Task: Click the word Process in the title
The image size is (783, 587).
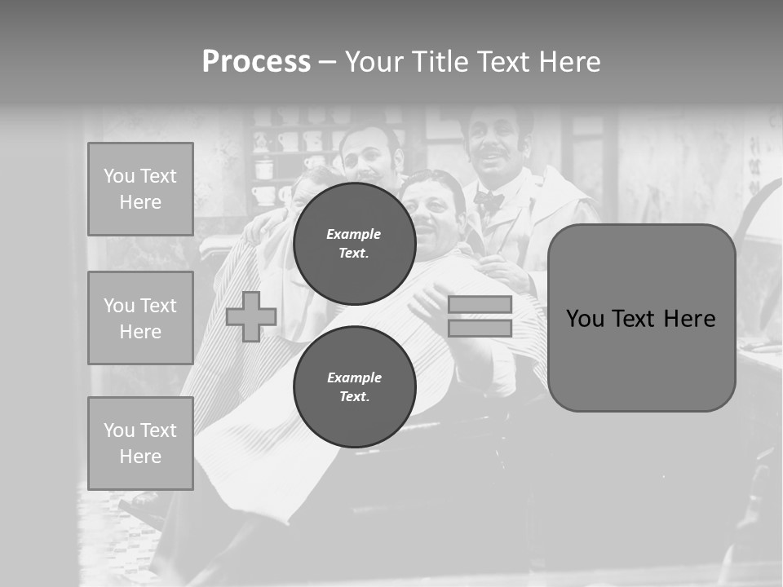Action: [256, 62]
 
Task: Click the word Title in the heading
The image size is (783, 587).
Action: [439, 62]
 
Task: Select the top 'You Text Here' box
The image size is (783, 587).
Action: [140, 189]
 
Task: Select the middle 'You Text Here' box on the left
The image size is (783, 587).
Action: [140, 318]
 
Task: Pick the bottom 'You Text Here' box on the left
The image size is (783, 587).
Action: [140, 443]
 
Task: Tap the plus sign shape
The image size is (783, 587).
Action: [251, 316]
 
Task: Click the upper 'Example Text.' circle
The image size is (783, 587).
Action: [354, 244]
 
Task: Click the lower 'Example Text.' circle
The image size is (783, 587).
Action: [354, 387]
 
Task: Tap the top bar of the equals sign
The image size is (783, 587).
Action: [480, 304]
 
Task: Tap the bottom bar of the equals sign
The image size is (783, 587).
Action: [480, 328]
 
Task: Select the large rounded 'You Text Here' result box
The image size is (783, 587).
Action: [641, 318]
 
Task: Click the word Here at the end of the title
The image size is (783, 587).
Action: [568, 62]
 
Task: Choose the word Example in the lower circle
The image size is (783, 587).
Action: [354, 377]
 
